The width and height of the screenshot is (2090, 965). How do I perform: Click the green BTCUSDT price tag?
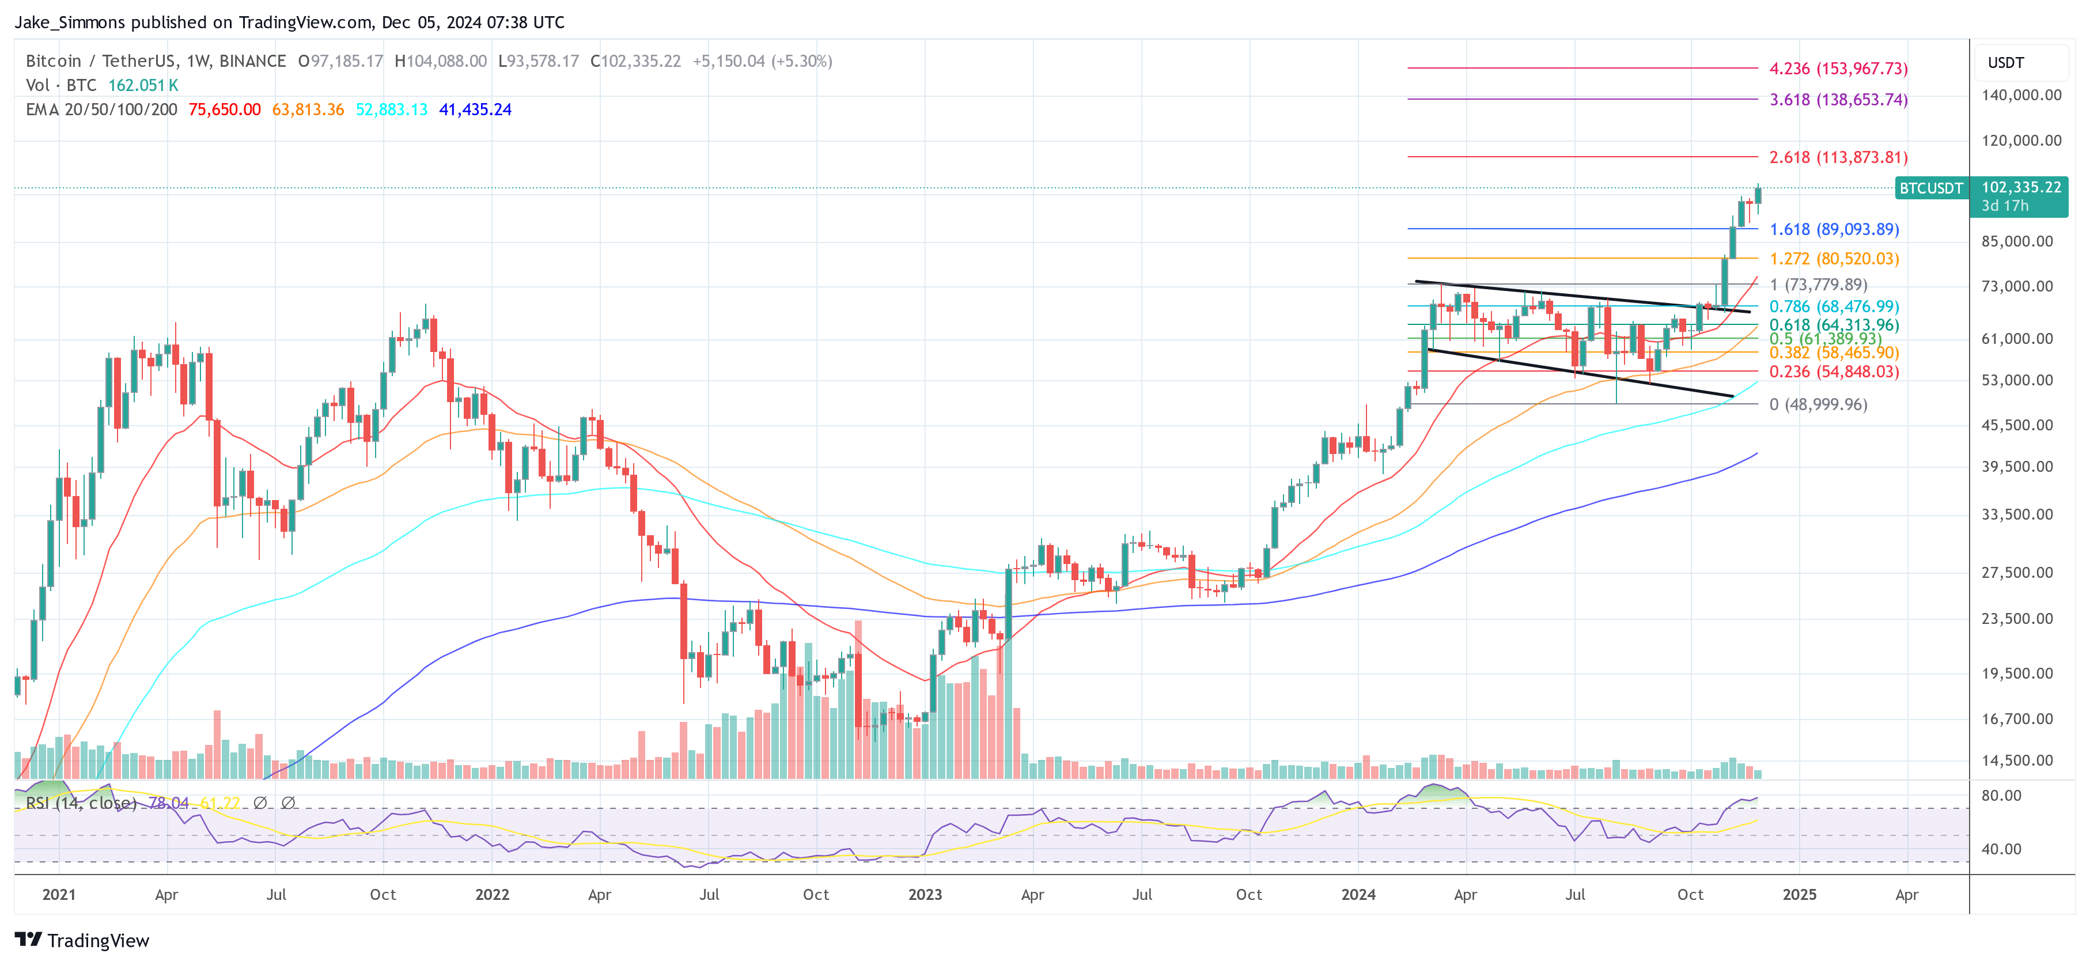pyautogui.click(x=1930, y=188)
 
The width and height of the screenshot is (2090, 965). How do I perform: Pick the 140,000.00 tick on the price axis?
pyautogui.click(x=2020, y=95)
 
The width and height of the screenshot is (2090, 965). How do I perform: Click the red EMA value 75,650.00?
pyautogui.click(x=224, y=109)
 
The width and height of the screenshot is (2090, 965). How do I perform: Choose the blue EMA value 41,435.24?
pyautogui.click(x=475, y=109)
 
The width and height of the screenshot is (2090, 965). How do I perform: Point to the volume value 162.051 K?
pyautogui.click(x=143, y=85)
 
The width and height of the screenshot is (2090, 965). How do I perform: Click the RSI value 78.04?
pyautogui.click(x=169, y=803)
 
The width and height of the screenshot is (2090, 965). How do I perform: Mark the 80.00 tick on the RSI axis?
pyautogui.click(x=2001, y=796)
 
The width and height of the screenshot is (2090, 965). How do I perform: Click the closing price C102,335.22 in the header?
pyautogui.click(x=635, y=61)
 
